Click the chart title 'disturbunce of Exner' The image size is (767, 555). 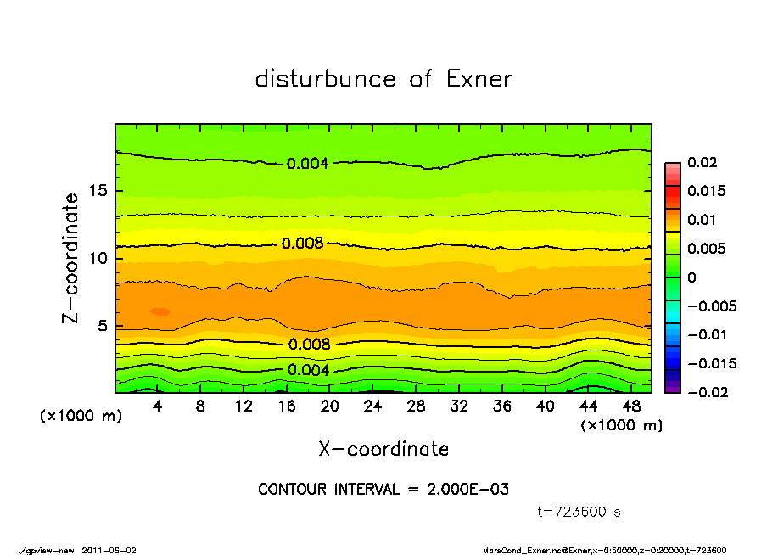tap(383, 79)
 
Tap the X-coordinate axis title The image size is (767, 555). tap(383, 449)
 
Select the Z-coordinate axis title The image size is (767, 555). tap(71, 257)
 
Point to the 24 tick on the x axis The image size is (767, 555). tap(373, 406)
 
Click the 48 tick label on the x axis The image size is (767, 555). tap(632, 406)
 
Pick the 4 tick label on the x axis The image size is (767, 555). tap(158, 406)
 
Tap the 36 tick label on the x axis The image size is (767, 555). tap(502, 406)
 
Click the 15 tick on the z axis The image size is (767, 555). tap(98, 191)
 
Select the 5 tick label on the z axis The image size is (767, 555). tap(103, 326)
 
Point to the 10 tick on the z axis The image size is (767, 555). tap(98, 258)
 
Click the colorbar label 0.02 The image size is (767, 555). tap(702, 162)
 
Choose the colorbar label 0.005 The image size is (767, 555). tap(705, 249)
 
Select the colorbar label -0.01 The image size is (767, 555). tap(705, 334)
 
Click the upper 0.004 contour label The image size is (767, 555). tap(307, 164)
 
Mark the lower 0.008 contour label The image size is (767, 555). tap(309, 345)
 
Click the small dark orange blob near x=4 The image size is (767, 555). tap(160, 311)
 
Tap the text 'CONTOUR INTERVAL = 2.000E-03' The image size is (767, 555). tap(383, 490)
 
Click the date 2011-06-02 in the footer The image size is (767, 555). tap(109, 550)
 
